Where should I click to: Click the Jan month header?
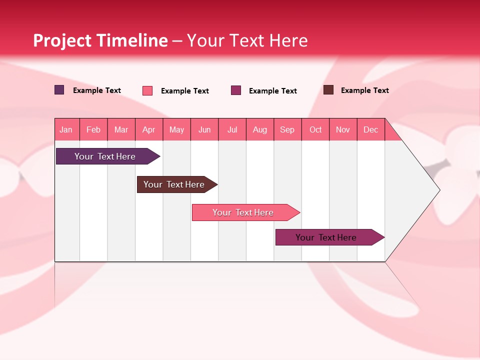66,130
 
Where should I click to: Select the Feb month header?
93,130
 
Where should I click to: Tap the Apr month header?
149,130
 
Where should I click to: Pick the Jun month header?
204,130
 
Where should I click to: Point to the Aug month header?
260,130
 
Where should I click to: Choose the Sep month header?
287,130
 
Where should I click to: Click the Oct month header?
315,130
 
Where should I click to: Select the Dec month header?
371,130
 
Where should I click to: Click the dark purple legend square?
59,90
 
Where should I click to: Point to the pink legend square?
147,90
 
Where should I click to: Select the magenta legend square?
236,90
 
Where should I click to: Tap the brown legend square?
328,90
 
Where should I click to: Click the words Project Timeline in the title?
100,40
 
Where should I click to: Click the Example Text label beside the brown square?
364,90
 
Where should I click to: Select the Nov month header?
343,130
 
